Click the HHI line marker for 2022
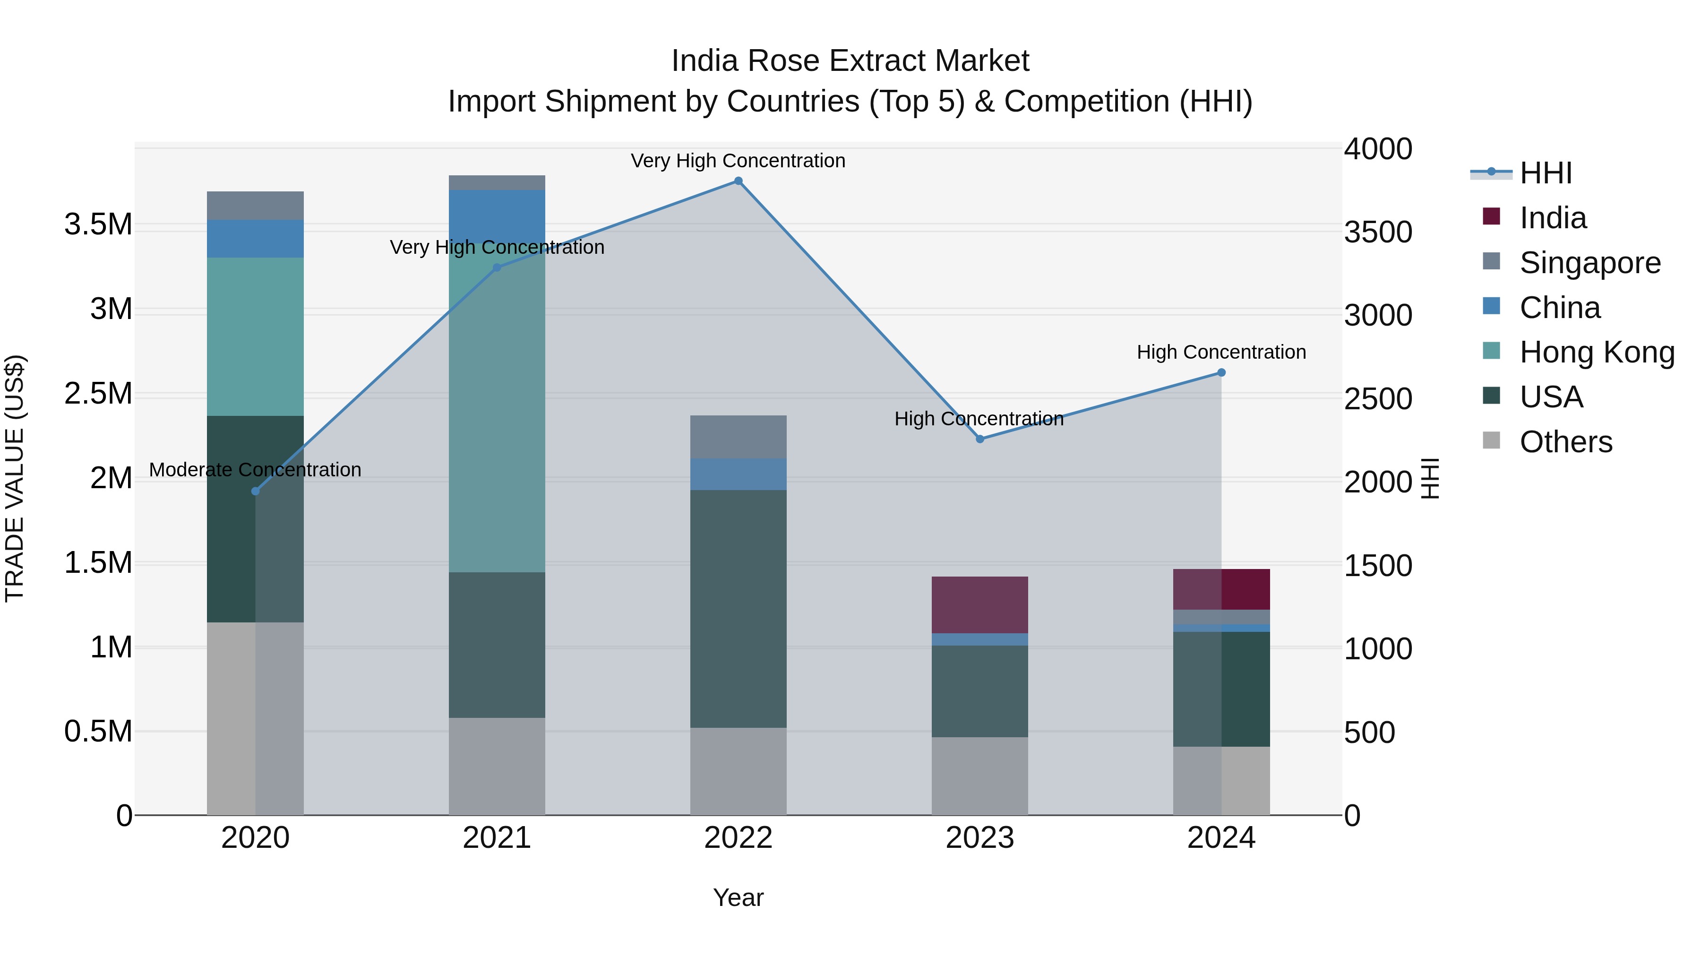[x=738, y=181]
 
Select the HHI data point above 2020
[x=256, y=491]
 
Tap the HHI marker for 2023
[x=980, y=439]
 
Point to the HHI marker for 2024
[x=1221, y=372]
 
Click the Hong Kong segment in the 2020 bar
[x=256, y=337]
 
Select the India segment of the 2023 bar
[x=980, y=604]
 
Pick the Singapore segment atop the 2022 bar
[x=738, y=437]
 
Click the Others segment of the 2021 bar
[x=497, y=766]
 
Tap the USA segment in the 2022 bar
[x=738, y=608]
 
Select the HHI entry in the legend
[x=1545, y=173]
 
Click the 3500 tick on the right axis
[x=1378, y=232]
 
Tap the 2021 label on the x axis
[x=497, y=838]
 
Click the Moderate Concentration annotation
[x=256, y=470]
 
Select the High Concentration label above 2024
[x=1221, y=352]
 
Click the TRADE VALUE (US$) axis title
[x=15, y=477]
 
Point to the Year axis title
[x=738, y=897]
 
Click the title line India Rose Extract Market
[x=850, y=61]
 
